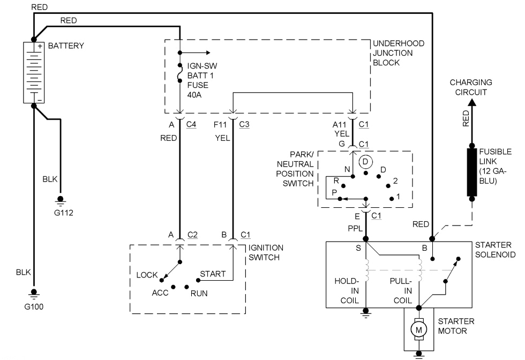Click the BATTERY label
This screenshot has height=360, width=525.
tap(66, 46)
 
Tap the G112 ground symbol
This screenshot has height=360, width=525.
tap(60, 202)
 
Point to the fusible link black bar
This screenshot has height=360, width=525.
tap(472, 172)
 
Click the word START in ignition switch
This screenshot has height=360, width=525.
tap(213, 274)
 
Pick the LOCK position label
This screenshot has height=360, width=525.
tap(147, 275)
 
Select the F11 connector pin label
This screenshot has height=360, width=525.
tap(221, 124)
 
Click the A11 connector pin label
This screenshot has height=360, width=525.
tap(339, 124)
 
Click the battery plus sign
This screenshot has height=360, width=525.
tap(39, 46)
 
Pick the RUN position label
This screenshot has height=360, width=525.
tap(199, 293)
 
